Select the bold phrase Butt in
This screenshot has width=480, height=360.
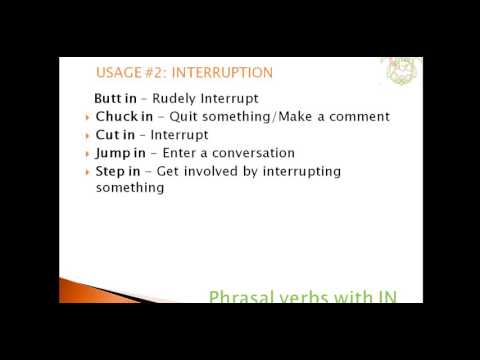(113, 99)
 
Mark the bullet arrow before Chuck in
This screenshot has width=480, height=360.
(87, 118)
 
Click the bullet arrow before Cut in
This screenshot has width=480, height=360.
(87, 136)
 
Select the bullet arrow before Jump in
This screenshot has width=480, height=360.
(87, 154)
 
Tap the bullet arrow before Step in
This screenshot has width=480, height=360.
(87, 172)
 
